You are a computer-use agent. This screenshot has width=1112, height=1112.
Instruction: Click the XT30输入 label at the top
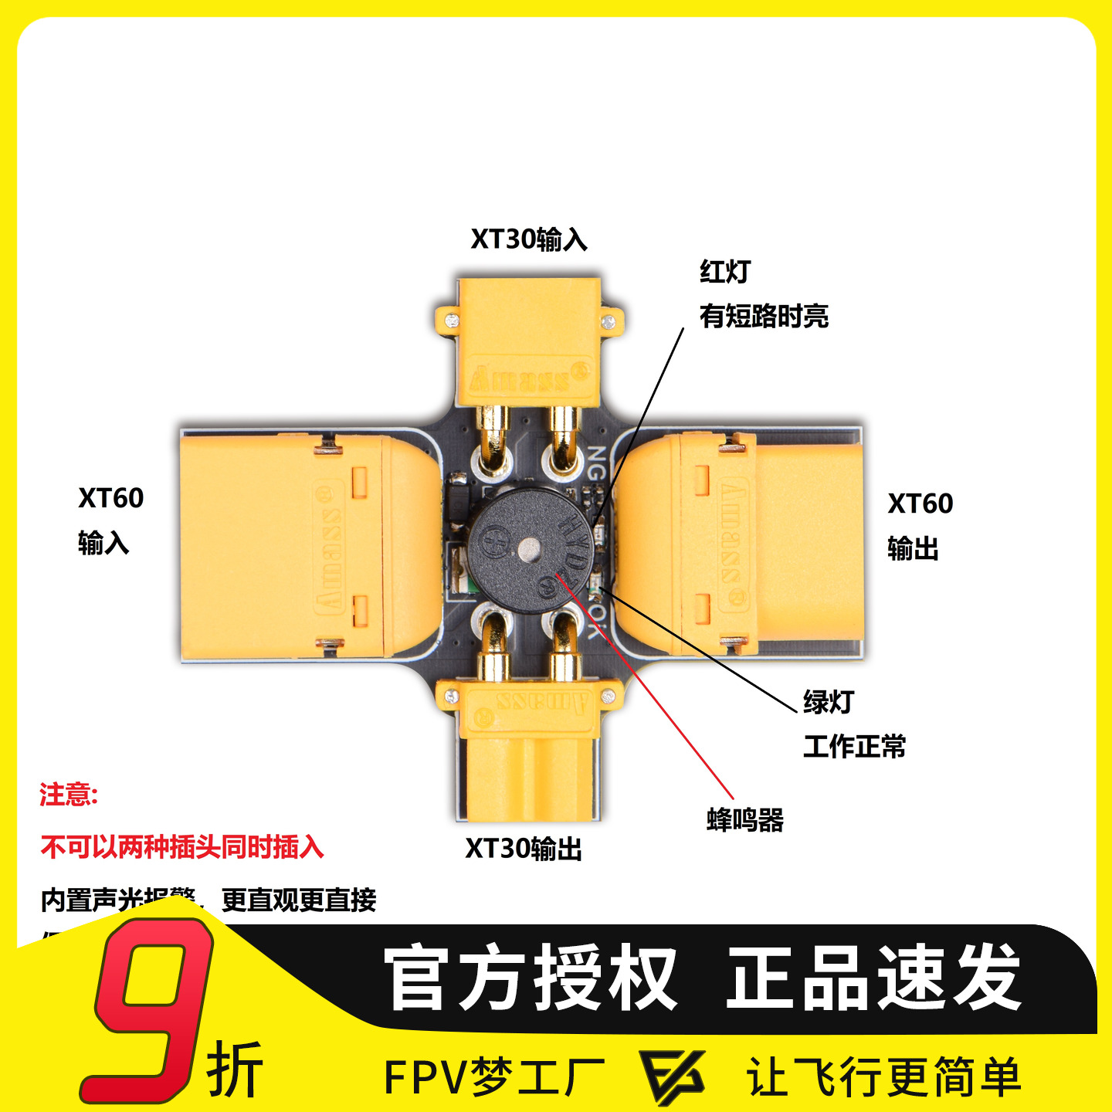pos(529,239)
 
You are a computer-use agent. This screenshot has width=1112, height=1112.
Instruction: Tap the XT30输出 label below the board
pos(524,849)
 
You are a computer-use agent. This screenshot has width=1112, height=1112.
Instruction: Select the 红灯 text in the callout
pos(725,272)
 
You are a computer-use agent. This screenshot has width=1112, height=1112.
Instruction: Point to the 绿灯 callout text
pos(829,702)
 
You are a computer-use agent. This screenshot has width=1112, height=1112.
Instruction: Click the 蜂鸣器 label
pos(745,819)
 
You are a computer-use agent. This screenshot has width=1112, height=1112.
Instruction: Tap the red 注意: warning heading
pos(69,795)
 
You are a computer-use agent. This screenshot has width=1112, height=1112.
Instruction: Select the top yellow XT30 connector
pos(529,340)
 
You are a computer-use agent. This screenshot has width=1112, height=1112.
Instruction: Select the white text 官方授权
pos(531,978)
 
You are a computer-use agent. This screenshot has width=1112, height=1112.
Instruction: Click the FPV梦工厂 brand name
pos(494,1076)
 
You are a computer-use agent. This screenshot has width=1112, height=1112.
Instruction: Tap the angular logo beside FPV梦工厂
pos(672,1076)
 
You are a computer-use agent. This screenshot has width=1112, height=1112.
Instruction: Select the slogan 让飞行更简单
pos(884,1076)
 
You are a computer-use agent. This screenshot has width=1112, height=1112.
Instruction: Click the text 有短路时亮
pos(764,316)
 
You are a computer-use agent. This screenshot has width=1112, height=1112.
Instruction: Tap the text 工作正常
pos(854,747)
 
